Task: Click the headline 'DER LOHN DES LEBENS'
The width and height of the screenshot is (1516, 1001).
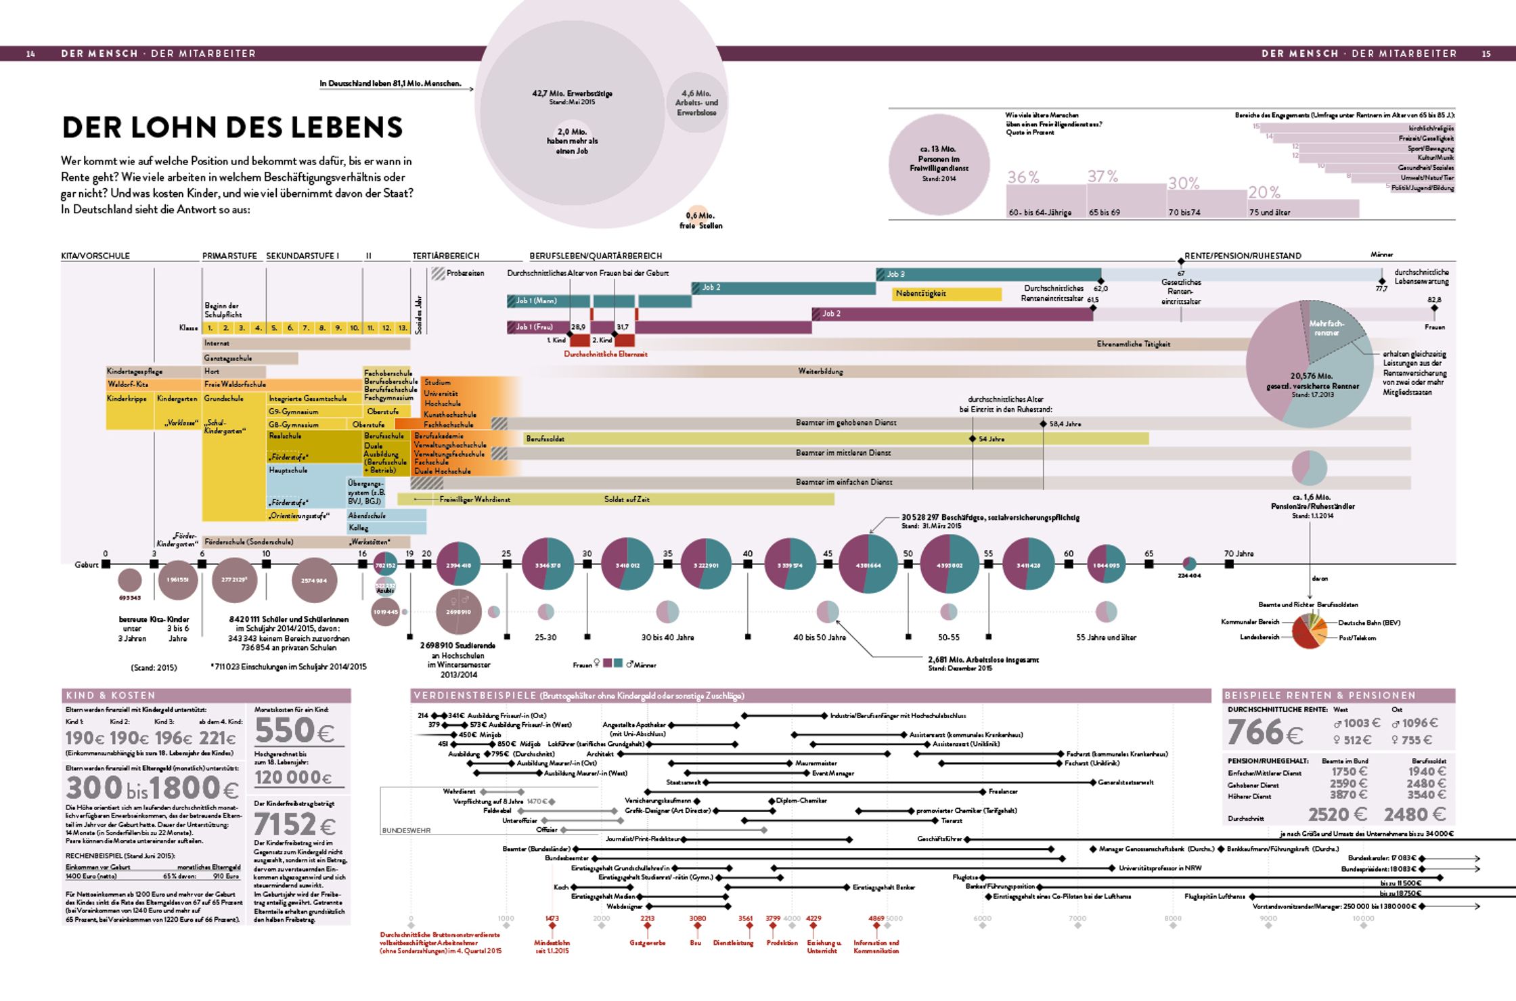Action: [232, 127]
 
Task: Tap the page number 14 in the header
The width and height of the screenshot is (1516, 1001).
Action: [30, 53]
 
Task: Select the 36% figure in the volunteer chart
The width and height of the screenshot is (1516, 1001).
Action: [1023, 177]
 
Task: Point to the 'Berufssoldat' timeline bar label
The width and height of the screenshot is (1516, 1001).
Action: [545, 439]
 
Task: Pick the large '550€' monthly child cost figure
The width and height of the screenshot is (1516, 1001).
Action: [294, 731]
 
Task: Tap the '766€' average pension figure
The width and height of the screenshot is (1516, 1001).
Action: [1264, 732]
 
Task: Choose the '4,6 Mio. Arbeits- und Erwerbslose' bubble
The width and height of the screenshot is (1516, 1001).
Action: [696, 102]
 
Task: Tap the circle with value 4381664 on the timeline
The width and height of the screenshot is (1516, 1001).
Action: [868, 564]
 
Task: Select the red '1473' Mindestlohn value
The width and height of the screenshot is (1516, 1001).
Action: [552, 918]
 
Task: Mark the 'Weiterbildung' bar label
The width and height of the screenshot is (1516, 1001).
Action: [820, 371]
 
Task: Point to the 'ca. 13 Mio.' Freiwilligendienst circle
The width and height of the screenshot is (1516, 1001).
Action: [939, 164]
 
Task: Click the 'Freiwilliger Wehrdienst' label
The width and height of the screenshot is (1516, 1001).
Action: [474, 499]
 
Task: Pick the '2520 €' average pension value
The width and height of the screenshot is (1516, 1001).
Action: [1337, 814]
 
